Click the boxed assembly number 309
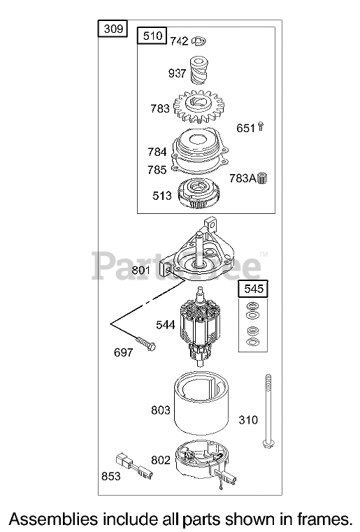tap(113, 29)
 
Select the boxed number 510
tap(152, 36)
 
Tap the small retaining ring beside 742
tap(199, 41)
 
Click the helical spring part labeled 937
tap(198, 70)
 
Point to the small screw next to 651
tap(261, 127)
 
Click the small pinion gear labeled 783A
tap(263, 178)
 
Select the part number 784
tap(157, 152)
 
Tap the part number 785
tap(157, 170)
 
